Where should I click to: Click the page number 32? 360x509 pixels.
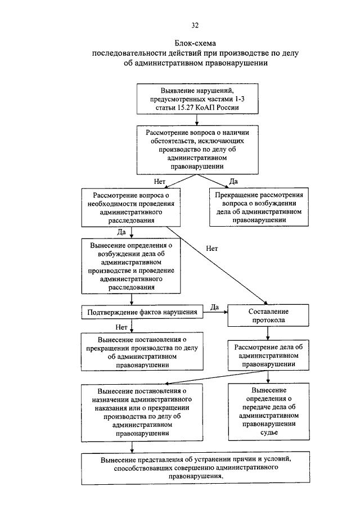pos(195,25)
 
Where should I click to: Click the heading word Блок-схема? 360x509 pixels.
pos(195,43)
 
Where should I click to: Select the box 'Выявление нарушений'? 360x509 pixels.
pos(197,99)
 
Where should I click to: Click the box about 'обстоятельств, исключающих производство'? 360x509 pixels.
pos(197,150)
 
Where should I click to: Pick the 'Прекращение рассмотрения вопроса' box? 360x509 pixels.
pos(259,207)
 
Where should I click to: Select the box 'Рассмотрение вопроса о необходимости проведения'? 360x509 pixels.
pos(131,208)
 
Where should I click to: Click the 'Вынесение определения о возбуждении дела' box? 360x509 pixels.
pos(131,266)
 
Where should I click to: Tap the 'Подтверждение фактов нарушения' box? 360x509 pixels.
pos(142,312)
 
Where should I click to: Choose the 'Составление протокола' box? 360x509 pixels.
pos(268,316)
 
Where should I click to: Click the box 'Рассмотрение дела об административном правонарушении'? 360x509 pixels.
pos(268,355)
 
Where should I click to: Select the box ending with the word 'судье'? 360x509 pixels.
pos(269,412)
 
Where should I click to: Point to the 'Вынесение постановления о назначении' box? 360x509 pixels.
pos(142,413)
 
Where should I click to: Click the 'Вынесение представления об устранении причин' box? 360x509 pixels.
pos(195,468)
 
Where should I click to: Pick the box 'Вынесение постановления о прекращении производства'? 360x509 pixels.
pos(142,352)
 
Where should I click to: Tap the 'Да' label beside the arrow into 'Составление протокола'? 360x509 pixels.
pos(214,307)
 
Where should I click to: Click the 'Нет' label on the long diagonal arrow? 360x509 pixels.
pos(211,249)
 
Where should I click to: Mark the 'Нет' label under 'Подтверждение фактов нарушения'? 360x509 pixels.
pos(121,327)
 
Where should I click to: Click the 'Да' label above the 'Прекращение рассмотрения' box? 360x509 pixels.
pos(233,182)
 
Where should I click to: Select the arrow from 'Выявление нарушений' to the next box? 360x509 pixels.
pos(197,120)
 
